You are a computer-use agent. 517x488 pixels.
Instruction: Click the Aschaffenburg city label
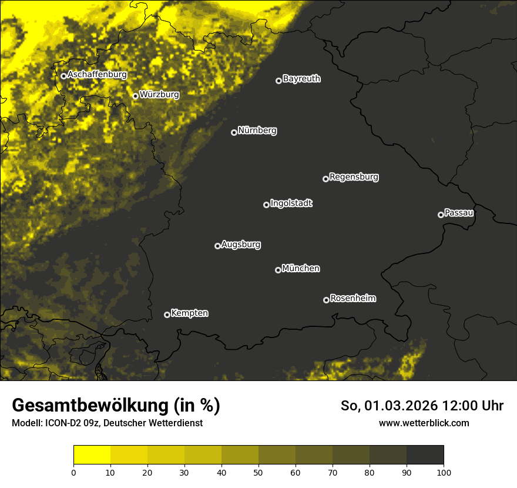[x=97, y=75]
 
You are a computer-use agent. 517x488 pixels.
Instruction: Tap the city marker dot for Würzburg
[x=135, y=96]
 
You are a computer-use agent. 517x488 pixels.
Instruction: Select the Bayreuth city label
[x=301, y=79]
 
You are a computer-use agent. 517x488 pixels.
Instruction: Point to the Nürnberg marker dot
[x=234, y=132]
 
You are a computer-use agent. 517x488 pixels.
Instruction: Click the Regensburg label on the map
[x=354, y=176]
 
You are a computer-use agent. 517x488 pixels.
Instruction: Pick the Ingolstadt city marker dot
[x=266, y=205]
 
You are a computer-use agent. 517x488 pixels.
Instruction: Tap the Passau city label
[x=459, y=212]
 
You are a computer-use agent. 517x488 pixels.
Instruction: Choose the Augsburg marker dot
[x=217, y=246]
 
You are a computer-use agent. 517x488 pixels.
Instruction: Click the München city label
[x=301, y=268]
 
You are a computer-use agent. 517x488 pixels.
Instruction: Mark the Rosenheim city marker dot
[x=326, y=300]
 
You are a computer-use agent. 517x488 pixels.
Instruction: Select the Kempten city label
[x=189, y=313]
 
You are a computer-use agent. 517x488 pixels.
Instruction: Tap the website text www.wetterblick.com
[x=424, y=423]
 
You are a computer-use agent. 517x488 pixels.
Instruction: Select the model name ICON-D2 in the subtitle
[x=61, y=423]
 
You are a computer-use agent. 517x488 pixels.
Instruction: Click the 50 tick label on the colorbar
[x=258, y=472]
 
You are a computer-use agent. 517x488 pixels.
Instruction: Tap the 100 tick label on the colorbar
[x=444, y=472]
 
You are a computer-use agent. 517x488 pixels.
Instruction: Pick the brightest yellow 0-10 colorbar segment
[x=92, y=455]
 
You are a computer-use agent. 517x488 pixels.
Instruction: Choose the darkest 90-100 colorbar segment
[x=425, y=455]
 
